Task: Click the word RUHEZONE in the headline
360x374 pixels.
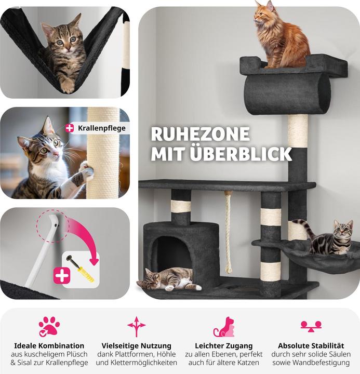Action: click(201, 134)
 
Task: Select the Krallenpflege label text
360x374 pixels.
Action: click(102, 128)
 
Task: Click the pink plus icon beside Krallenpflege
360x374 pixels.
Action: click(70, 128)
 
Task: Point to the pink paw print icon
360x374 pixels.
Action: click(49, 327)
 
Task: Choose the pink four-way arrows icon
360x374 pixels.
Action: click(136, 327)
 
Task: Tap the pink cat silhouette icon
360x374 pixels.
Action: click(224, 327)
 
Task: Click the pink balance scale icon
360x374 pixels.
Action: click(311, 326)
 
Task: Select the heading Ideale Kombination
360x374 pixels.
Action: click(49, 345)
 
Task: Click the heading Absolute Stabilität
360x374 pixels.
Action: click(311, 345)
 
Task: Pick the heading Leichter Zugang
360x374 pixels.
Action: click(224, 345)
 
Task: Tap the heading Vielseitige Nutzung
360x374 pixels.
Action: click(137, 345)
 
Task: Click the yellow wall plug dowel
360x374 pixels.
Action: click(86, 274)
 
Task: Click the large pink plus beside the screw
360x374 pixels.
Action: click(62, 275)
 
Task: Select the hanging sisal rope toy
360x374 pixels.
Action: click(228, 232)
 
